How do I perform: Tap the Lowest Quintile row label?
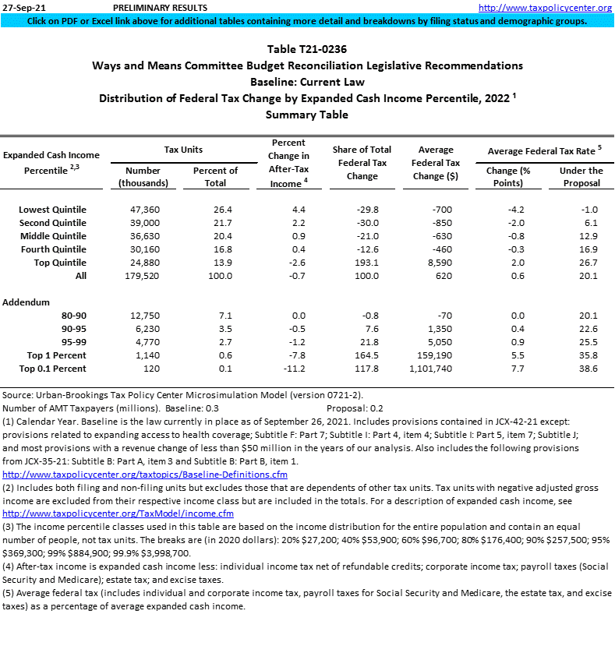tap(52, 210)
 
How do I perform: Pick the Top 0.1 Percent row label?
tap(52, 368)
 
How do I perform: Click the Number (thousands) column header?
tap(143, 176)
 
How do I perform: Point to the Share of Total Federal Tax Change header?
tap(362, 162)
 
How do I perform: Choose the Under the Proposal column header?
tap(581, 176)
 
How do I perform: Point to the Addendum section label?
tap(27, 302)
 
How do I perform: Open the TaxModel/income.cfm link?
tap(118, 514)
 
